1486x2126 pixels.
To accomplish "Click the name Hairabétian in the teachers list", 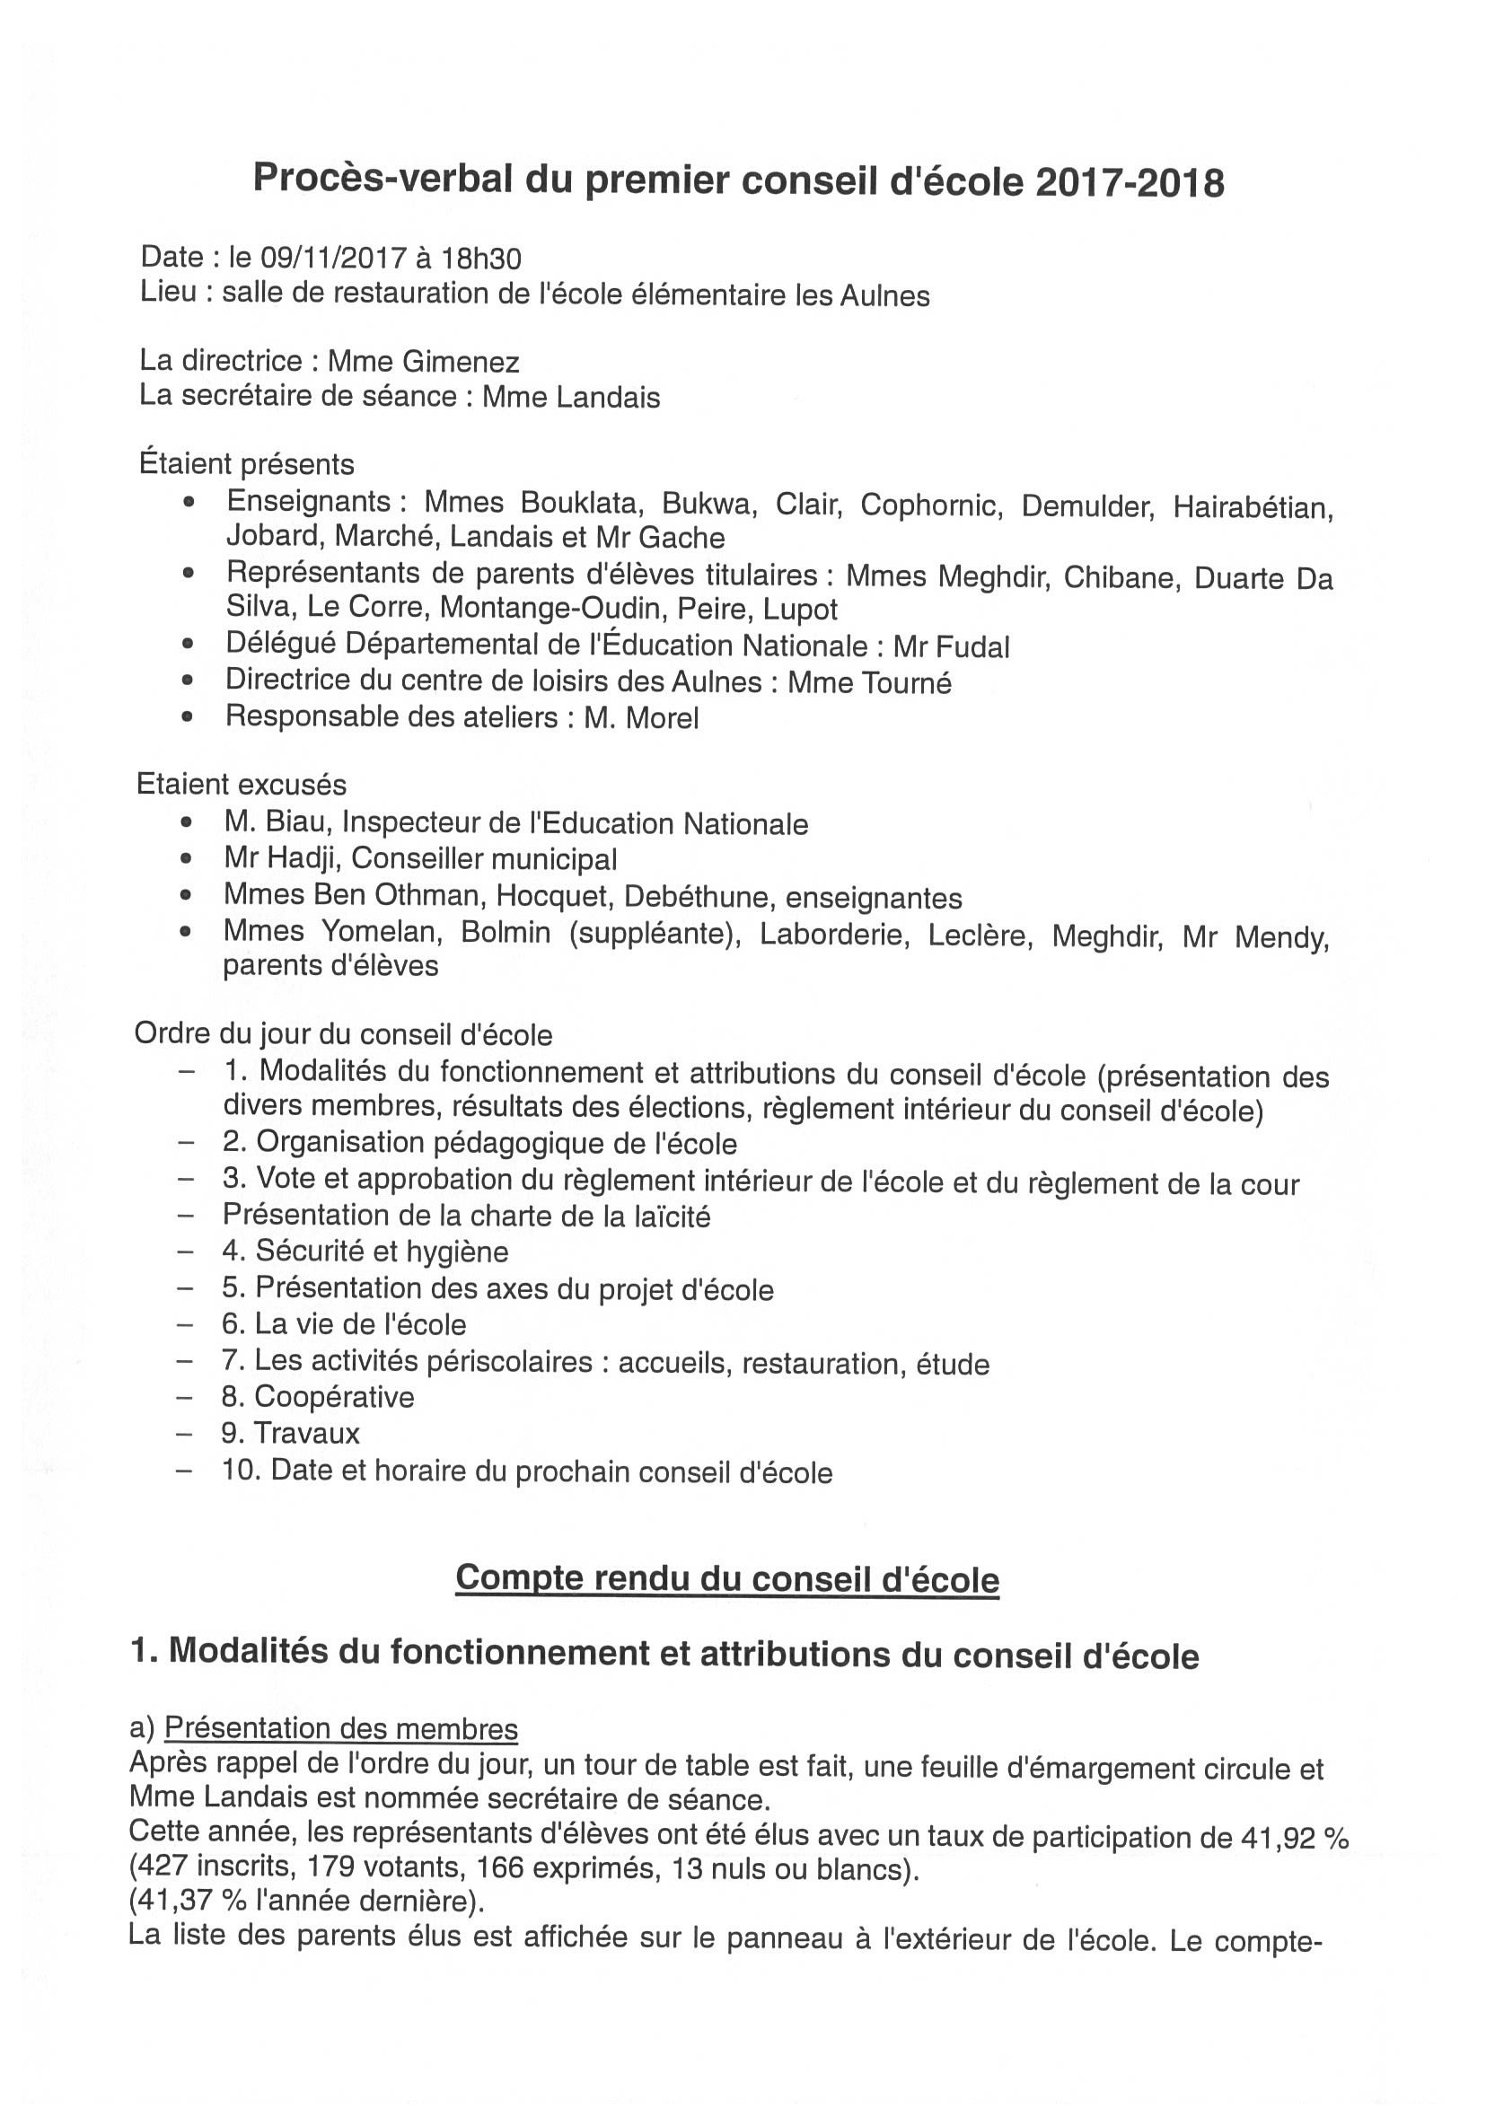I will pos(1253,507).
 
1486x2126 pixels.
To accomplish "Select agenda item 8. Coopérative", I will pos(318,1397).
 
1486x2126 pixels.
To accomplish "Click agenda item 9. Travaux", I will pos(291,1434).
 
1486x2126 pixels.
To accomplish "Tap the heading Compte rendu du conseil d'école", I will pos(726,1577).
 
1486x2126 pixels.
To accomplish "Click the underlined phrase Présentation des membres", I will pos(340,1729).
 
